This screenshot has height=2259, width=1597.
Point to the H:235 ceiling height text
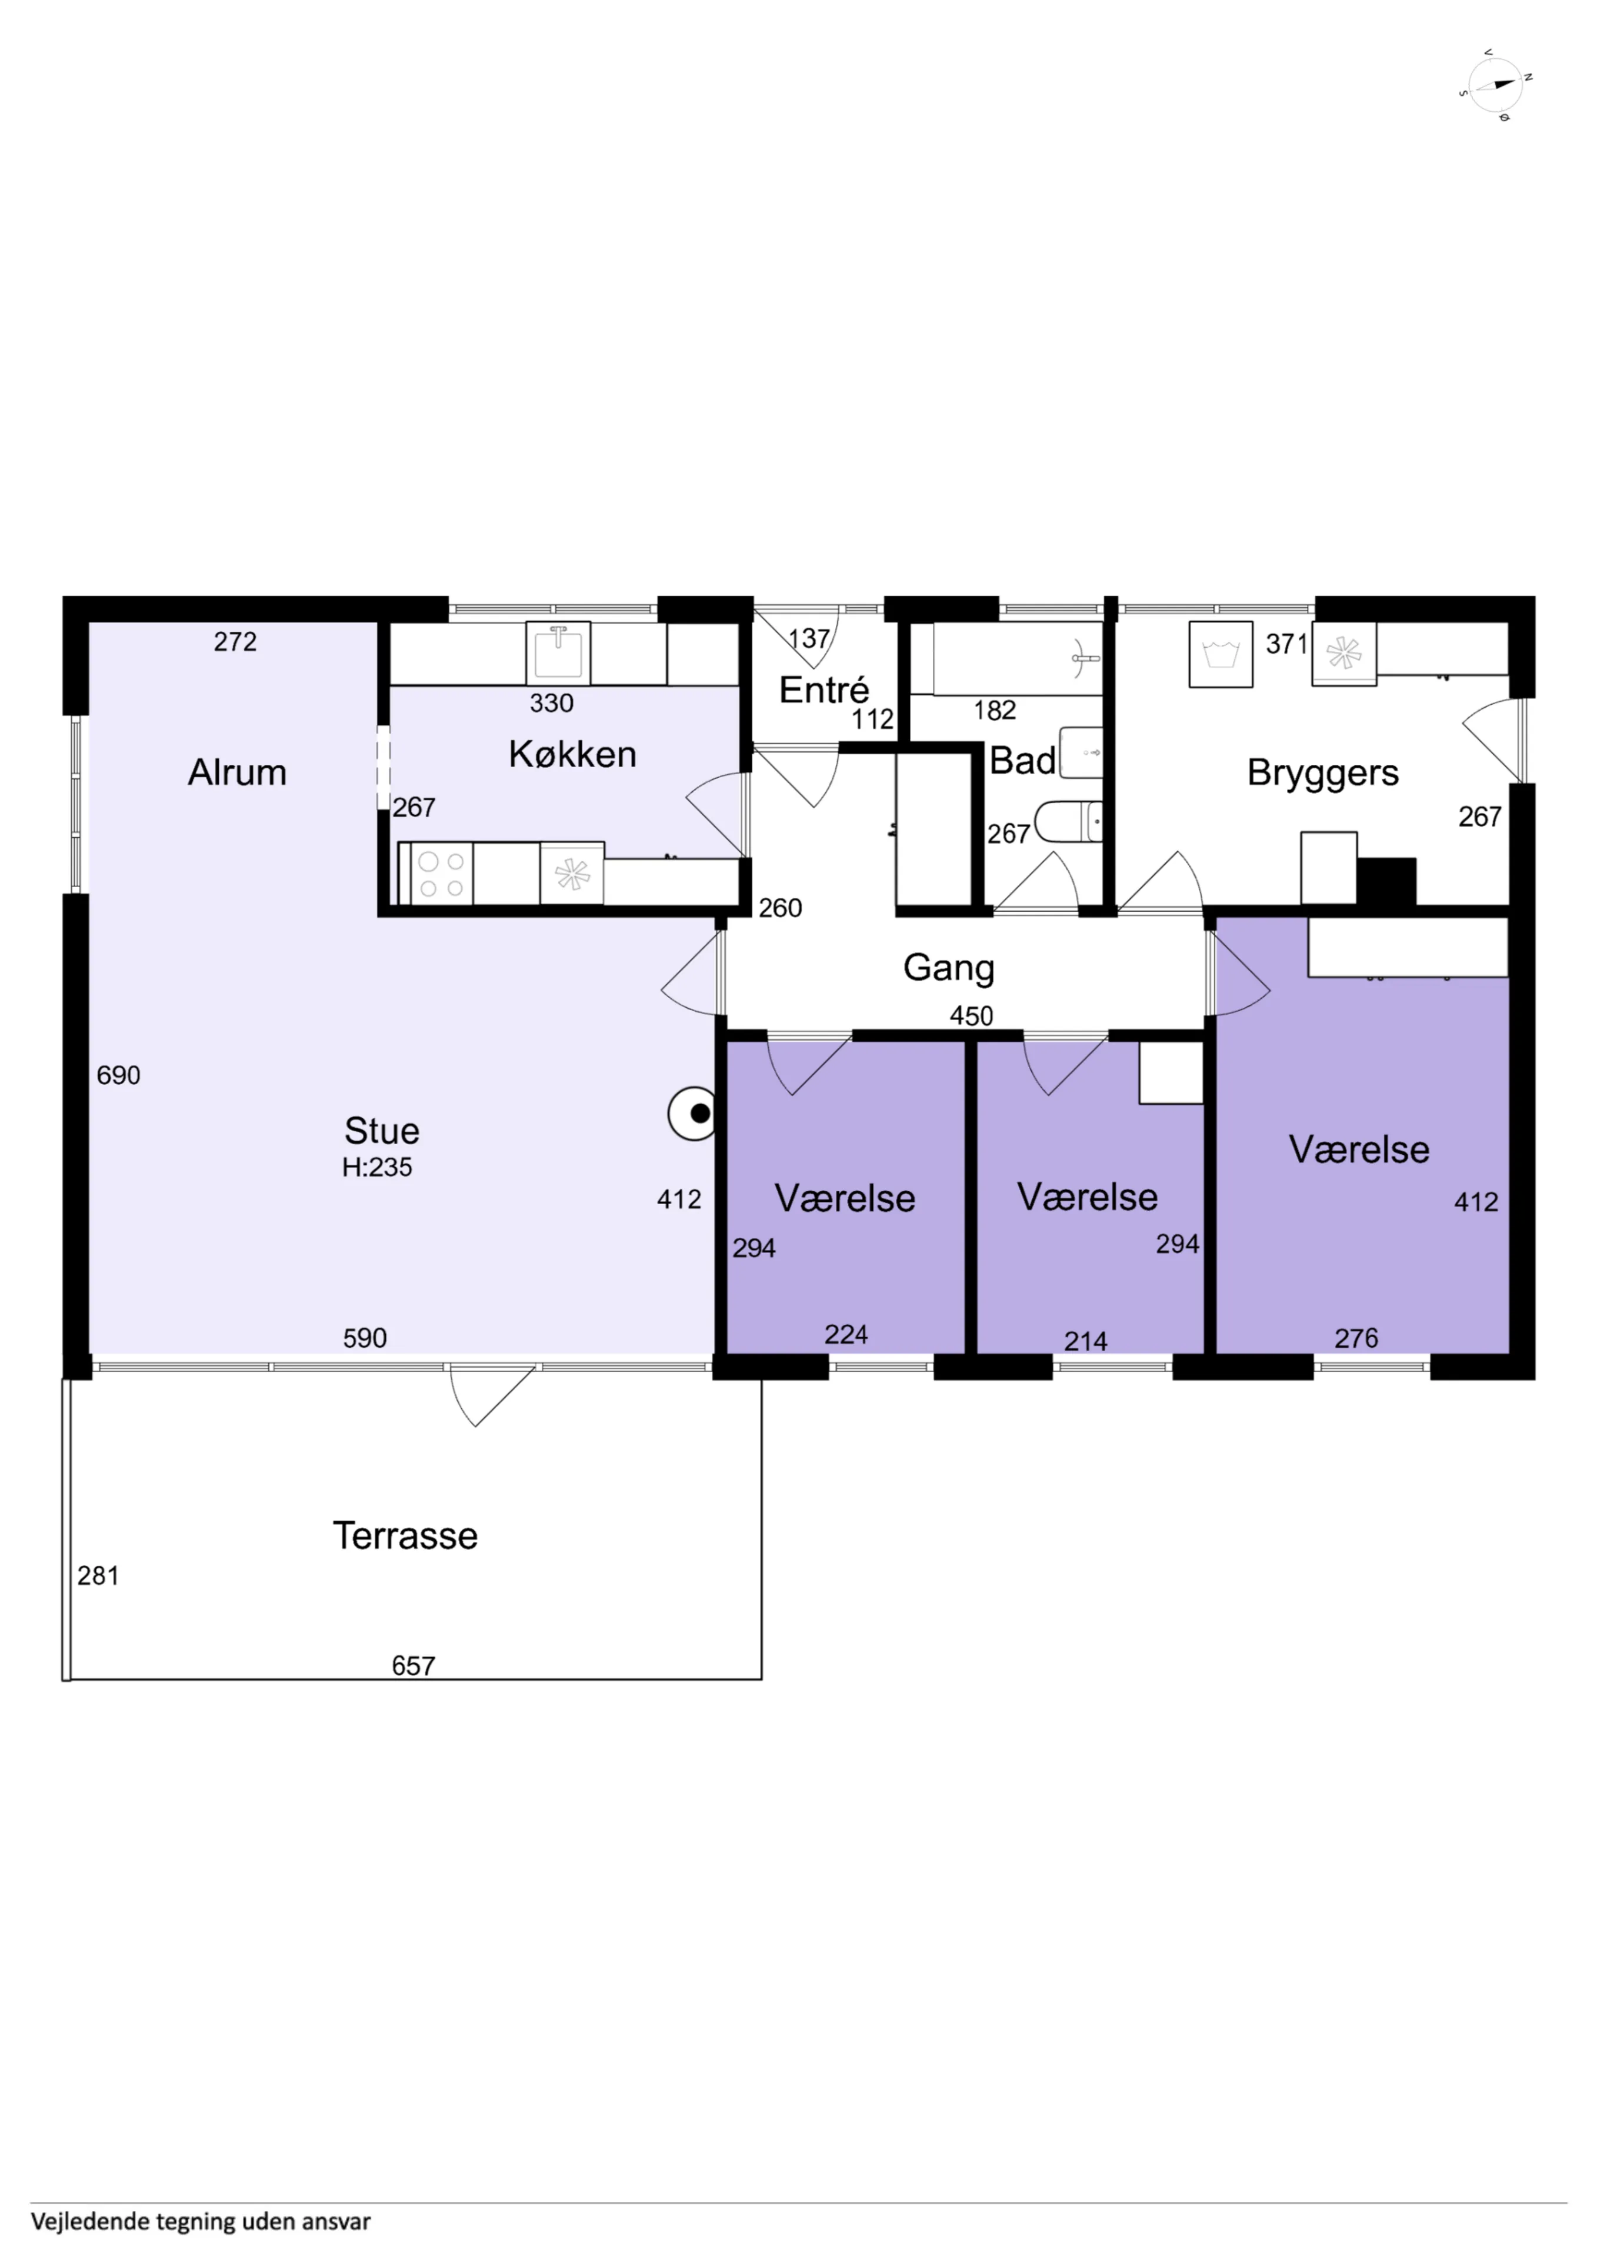(377, 1167)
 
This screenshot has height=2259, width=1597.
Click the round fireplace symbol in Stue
(693, 1114)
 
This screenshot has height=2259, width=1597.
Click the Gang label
(949, 968)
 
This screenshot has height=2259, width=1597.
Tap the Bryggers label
(1322, 774)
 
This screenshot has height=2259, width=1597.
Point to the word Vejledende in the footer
(91, 2221)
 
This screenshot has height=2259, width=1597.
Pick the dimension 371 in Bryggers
(1286, 644)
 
